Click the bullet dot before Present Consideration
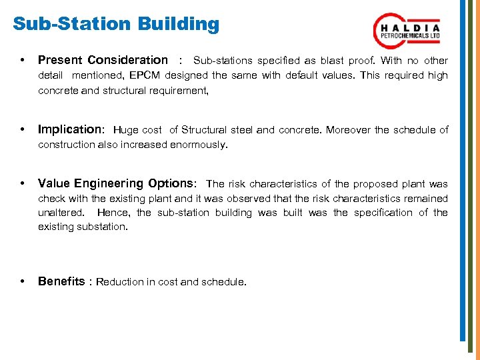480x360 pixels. (24, 61)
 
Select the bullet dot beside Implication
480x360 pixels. (24, 130)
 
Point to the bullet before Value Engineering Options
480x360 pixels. (24, 184)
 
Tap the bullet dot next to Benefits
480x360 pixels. (24, 282)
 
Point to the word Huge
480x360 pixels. (126, 130)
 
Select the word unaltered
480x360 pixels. (61, 213)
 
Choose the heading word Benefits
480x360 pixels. (61, 281)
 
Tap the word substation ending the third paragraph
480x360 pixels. (101, 227)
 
